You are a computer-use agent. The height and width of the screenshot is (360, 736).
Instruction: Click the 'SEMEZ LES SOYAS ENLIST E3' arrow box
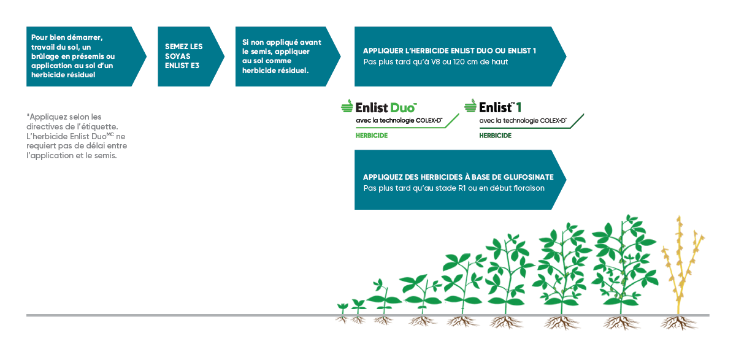click(x=191, y=56)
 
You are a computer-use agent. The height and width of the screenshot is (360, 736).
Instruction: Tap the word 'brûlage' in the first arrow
click(x=45, y=56)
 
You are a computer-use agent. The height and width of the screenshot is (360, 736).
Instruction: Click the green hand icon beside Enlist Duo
click(x=347, y=105)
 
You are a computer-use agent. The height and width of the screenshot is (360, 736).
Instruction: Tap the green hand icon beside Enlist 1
click(x=470, y=105)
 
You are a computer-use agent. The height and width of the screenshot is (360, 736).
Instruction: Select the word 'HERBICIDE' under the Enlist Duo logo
click(x=372, y=136)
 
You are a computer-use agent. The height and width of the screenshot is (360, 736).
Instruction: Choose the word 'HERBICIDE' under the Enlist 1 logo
click(x=495, y=136)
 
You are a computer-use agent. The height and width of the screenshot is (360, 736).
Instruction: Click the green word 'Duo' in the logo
click(x=403, y=108)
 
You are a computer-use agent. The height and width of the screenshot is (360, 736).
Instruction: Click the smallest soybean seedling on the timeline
click(x=342, y=308)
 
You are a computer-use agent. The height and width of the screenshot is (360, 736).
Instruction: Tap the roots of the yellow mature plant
click(x=679, y=323)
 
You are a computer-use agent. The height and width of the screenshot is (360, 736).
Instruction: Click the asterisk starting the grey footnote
click(x=28, y=115)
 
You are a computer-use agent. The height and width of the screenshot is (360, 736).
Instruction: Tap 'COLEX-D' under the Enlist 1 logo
click(x=553, y=121)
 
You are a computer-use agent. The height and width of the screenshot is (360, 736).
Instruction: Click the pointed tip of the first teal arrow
click(x=146, y=56)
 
